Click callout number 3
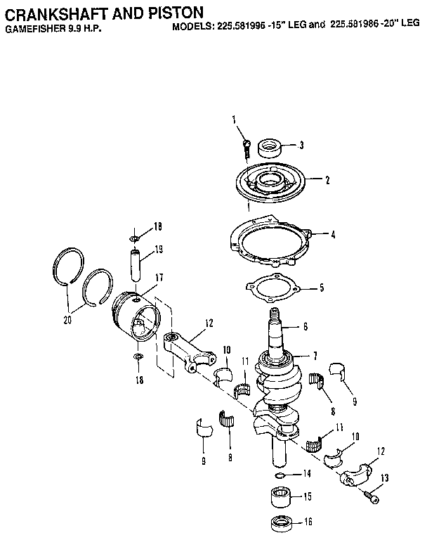pos(301,146)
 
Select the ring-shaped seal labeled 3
pos(270,148)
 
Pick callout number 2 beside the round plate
pos(327,179)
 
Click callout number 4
pos(333,235)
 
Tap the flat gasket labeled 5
pos(273,288)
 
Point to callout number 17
pos(159,278)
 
